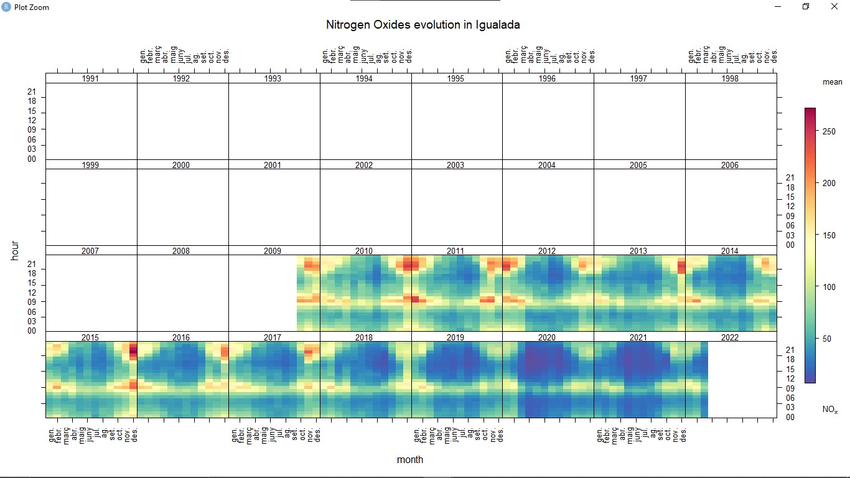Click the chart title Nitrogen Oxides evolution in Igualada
[x=423, y=25]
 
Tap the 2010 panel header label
[x=364, y=251]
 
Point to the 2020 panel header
[x=547, y=337]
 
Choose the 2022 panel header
[x=730, y=337]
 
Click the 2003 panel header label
[x=455, y=165]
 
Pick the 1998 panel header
[x=730, y=79]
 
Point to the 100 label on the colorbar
[x=826, y=287]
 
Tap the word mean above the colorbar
[x=833, y=82]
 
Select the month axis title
[x=410, y=459]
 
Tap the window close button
[x=835, y=7]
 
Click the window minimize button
[x=778, y=7]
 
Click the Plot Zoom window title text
[x=31, y=7]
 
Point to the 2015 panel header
[x=90, y=337]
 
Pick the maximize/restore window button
[x=806, y=7]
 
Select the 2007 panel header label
[x=90, y=251]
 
